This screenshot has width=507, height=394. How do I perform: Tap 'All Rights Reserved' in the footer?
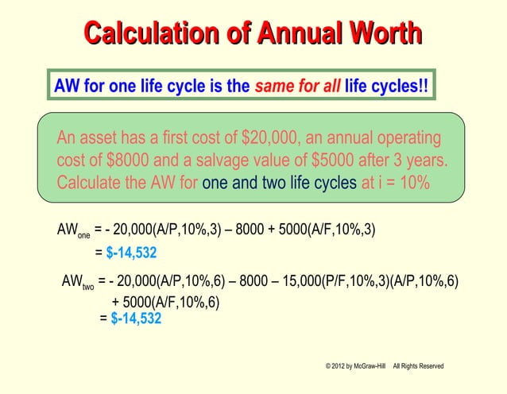[x=418, y=365]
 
